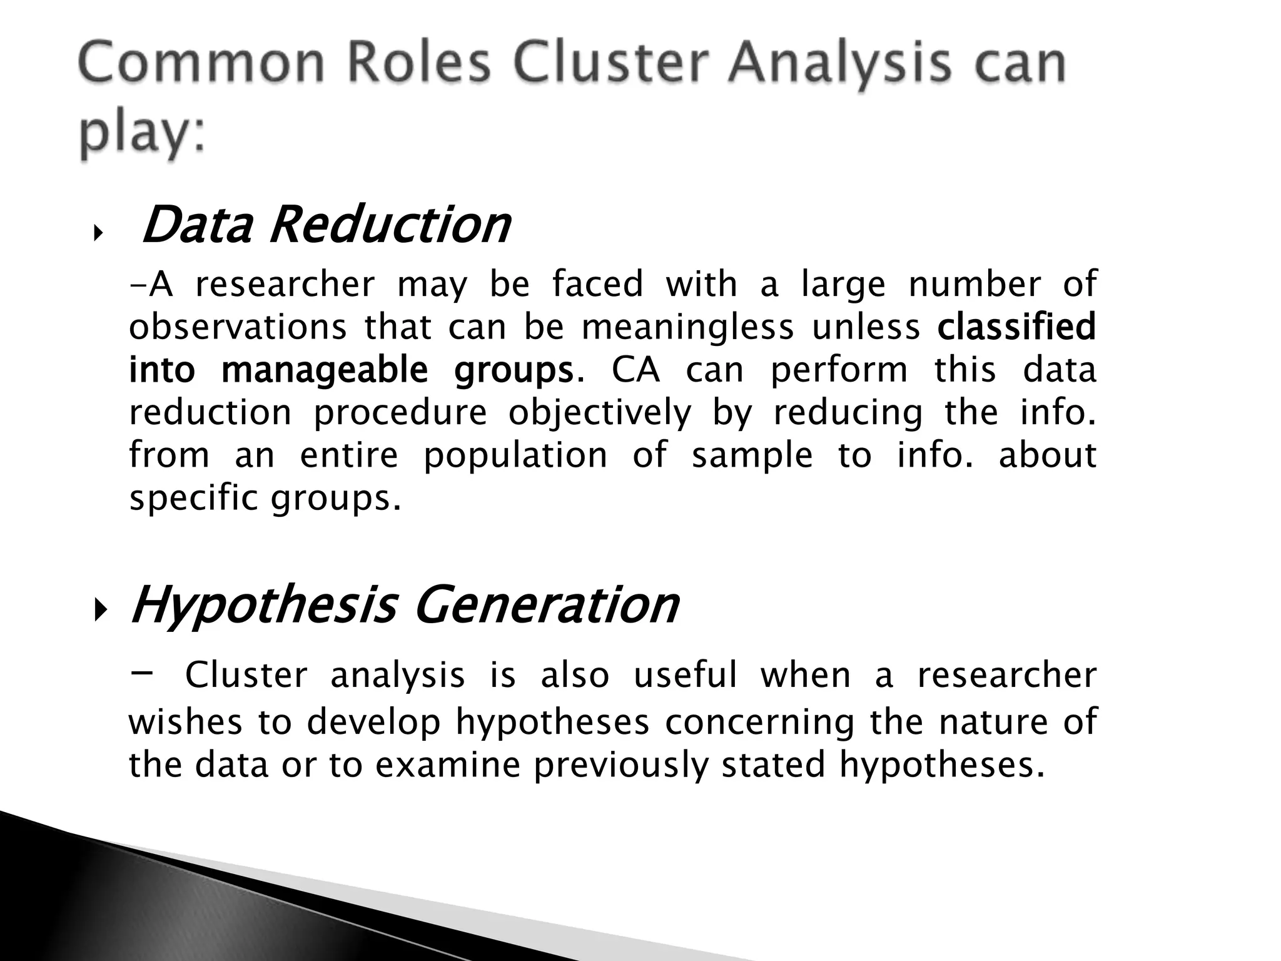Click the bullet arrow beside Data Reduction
[96, 234]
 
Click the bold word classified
[1016, 327]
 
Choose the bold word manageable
[325, 369]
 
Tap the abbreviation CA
[635, 369]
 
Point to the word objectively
[600, 413]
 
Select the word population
[515, 455]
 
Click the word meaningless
[687, 327]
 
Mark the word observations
[238, 327]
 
